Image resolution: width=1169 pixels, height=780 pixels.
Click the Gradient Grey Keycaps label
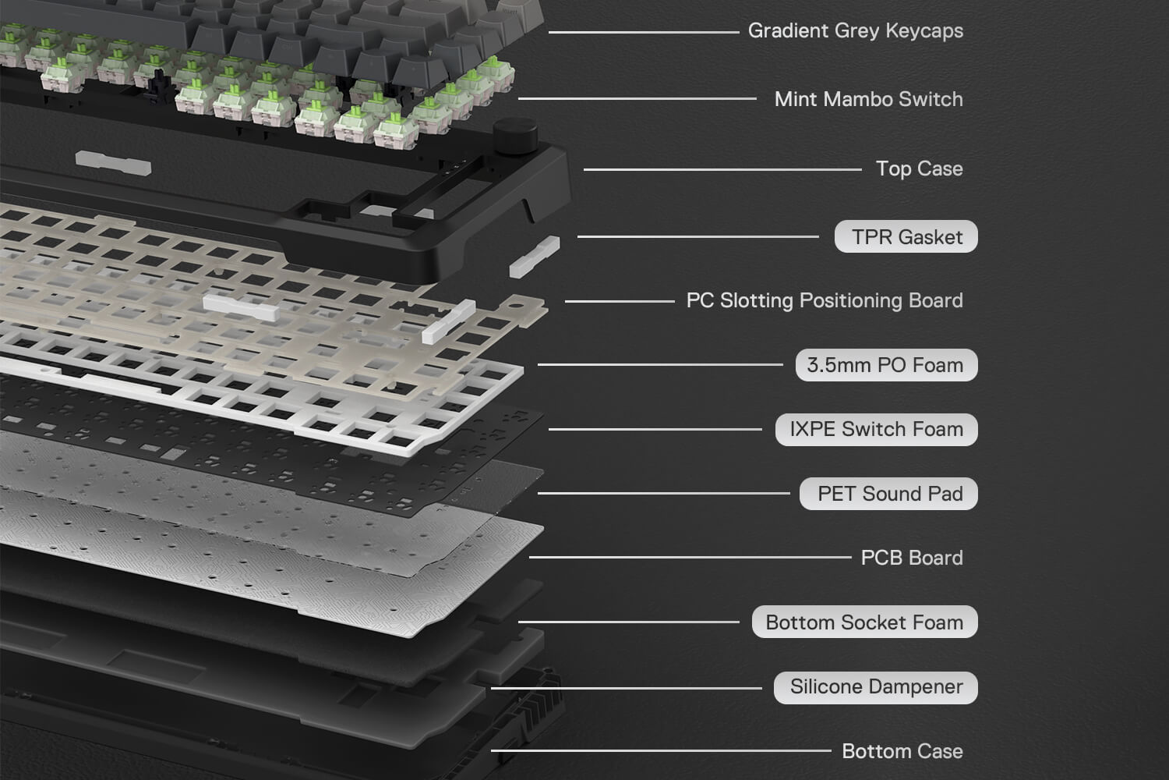(x=856, y=31)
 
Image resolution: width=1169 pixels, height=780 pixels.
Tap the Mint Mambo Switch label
(x=868, y=99)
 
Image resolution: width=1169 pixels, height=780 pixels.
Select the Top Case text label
(x=919, y=168)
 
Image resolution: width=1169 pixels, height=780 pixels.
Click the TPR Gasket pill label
(x=906, y=236)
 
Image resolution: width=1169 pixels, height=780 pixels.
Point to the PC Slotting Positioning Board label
(x=825, y=300)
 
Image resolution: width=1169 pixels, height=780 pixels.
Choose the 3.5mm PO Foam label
(x=886, y=365)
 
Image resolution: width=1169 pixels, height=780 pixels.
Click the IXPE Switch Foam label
(x=876, y=430)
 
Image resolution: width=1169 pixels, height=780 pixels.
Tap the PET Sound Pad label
(x=888, y=494)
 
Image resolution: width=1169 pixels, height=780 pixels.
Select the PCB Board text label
(x=912, y=558)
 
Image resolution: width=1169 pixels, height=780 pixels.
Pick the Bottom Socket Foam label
(x=864, y=622)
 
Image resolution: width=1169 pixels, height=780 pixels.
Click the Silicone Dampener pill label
(x=876, y=687)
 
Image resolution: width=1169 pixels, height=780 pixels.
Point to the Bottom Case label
(x=902, y=751)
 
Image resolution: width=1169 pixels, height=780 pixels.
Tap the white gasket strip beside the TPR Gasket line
(x=535, y=257)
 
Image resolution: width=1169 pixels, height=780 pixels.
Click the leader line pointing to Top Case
(x=722, y=169)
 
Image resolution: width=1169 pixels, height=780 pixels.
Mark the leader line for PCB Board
(x=690, y=558)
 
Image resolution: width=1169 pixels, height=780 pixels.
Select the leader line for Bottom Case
(x=661, y=751)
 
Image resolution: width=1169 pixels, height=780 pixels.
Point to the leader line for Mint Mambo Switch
(x=637, y=98)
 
